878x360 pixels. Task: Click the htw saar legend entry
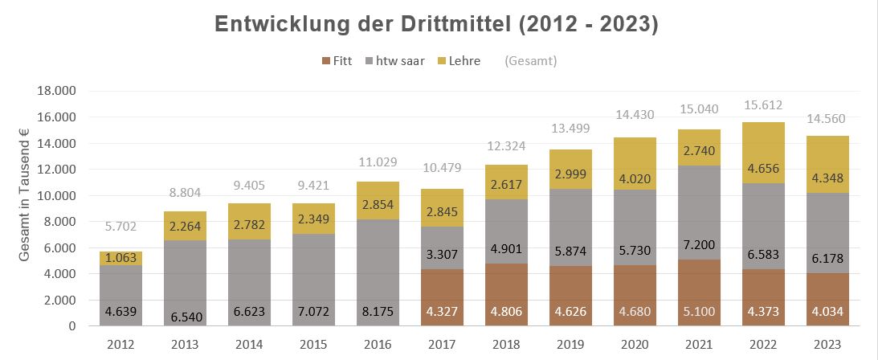pos(398,61)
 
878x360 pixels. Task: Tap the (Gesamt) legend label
pos(530,61)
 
